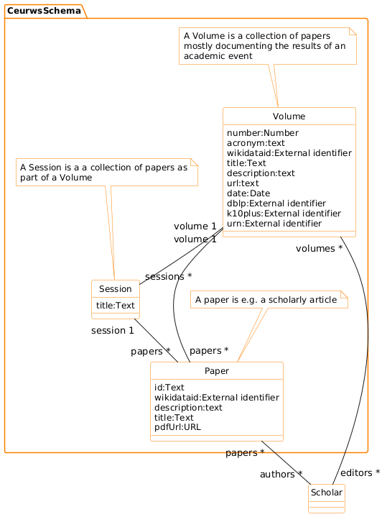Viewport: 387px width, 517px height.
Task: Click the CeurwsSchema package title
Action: [x=45, y=9]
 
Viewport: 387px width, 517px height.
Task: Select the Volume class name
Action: [x=289, y=116]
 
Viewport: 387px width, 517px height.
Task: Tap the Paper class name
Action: [x=216, y=371]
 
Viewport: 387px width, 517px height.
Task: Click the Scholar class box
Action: [x=327, y=498]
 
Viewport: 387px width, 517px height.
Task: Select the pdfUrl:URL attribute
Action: [x=178, y=426]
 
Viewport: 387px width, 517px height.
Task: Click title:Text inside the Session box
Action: [x=115, y=306]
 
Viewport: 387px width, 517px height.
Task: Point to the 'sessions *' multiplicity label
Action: [x=168, y=276]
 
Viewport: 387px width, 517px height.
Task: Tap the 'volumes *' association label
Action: [x=319, y=249]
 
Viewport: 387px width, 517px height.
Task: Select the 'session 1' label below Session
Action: [x=113, y=331]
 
